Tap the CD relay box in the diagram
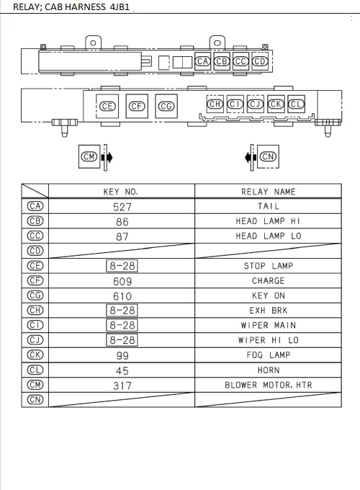pos(261,62)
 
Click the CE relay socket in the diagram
pos(107,106)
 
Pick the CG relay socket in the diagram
pos(166,106)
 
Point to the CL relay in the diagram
pos(296,104)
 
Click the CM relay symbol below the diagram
pos(89,156)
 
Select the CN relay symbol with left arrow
pos(269,156)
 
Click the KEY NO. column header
pos(121,192)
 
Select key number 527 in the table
pos(122,206)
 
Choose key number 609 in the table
pos(122,281)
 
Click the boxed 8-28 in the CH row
pos(122,311)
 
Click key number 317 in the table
pos(122,386)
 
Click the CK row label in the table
pos(35,355)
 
